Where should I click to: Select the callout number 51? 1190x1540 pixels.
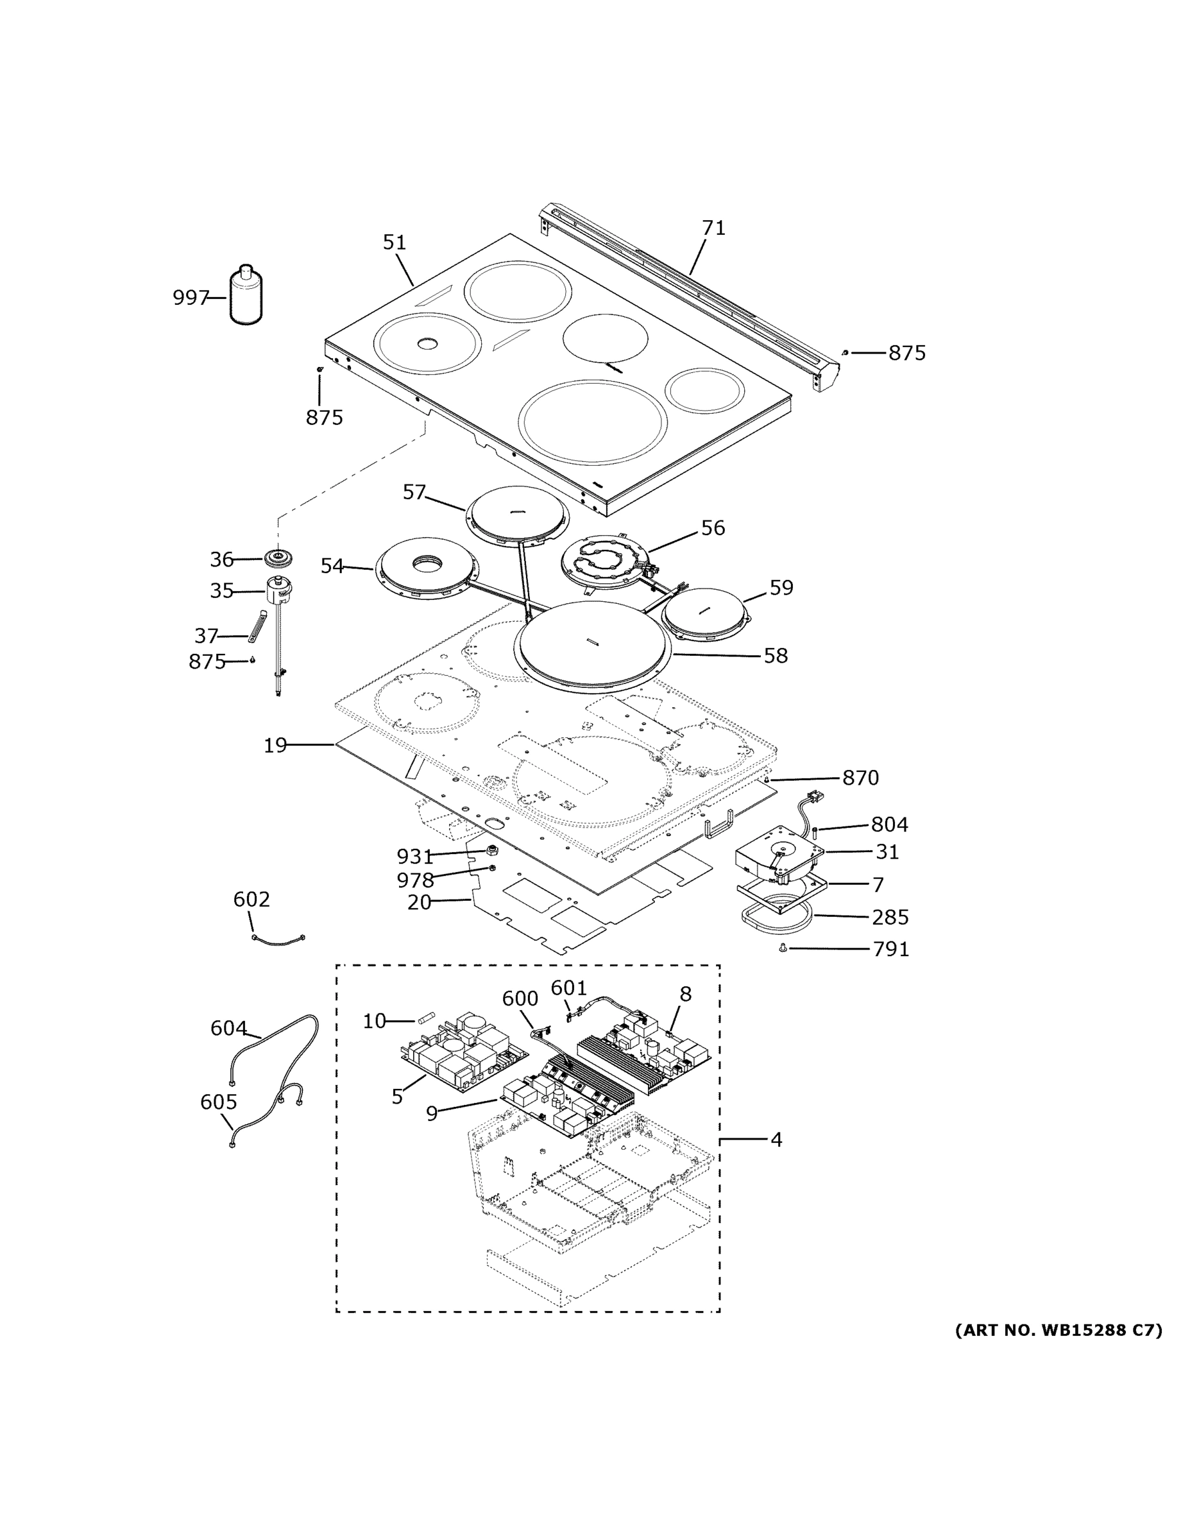394,243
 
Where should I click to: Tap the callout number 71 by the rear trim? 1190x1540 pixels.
713,228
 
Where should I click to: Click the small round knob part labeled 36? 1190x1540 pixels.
278,558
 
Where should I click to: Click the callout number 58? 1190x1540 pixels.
776,656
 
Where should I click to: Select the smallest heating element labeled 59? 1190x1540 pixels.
705,613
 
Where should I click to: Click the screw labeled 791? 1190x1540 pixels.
783,950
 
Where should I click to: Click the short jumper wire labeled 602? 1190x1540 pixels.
278,940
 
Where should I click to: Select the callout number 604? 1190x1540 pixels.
228,1029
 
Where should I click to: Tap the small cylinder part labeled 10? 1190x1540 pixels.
427,1019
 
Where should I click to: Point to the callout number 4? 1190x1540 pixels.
776,1140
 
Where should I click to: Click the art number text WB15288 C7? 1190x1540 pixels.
1058,1331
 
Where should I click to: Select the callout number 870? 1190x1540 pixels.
860,778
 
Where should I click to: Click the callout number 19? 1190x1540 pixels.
275,746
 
